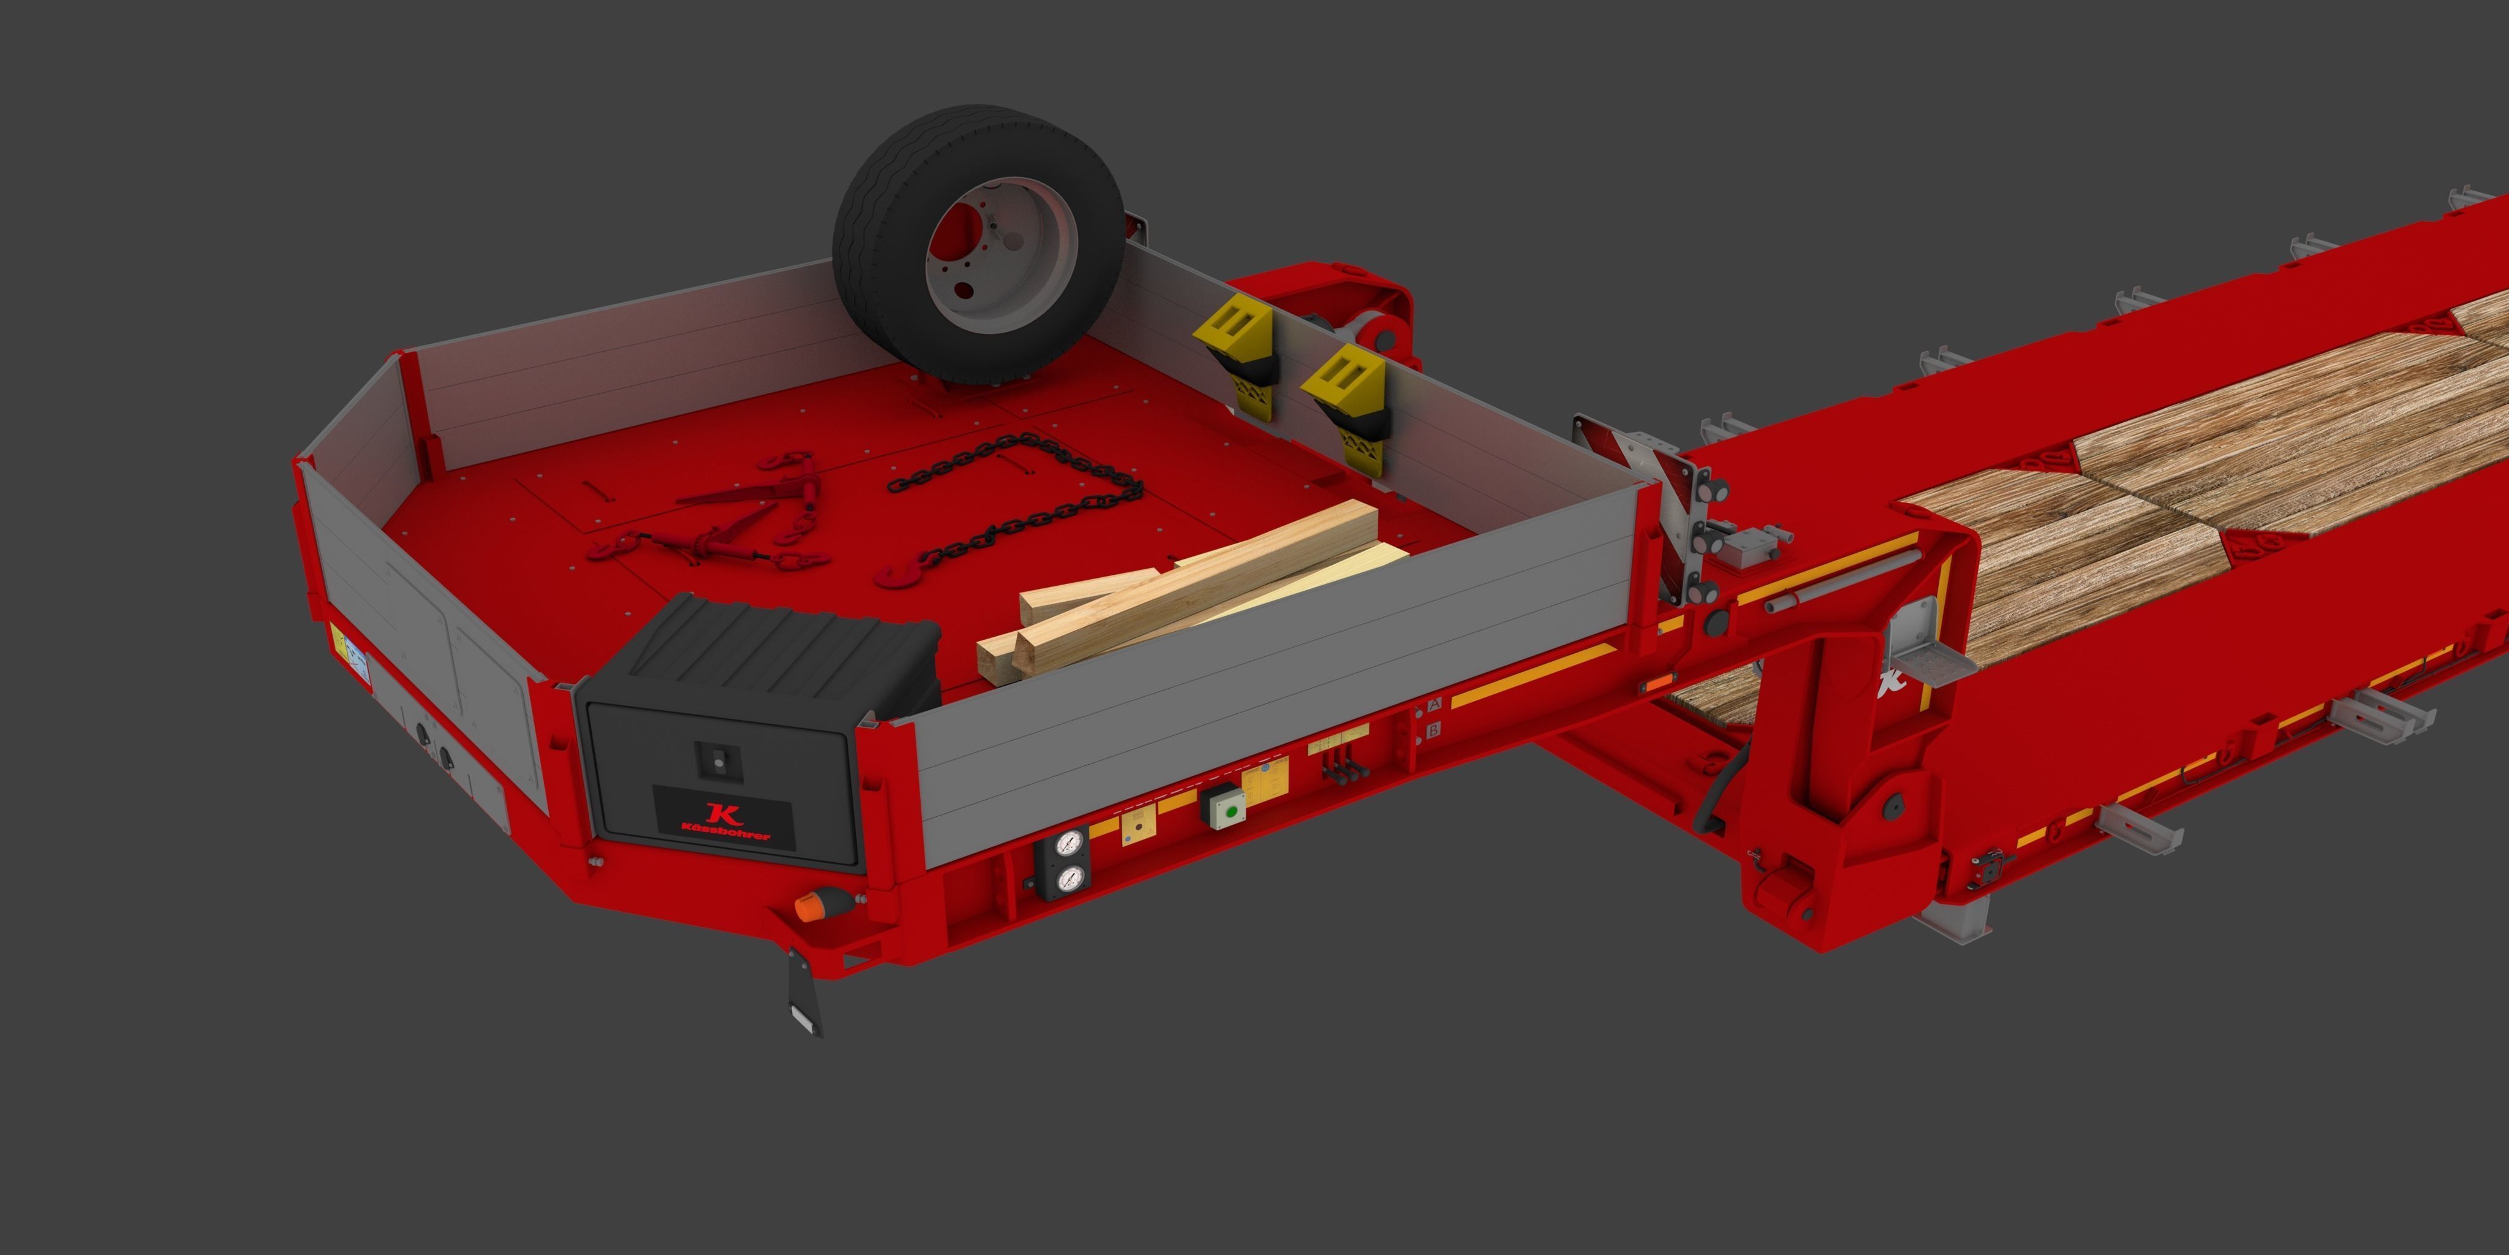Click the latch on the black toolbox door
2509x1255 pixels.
click(719, 760)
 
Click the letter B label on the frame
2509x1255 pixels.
click(1433, 730)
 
